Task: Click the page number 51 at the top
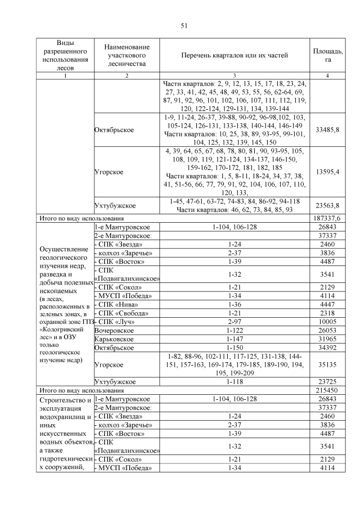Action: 183,26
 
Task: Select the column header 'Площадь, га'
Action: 327,55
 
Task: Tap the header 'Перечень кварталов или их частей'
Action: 235,55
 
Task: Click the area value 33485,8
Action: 327,129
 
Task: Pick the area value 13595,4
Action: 327,172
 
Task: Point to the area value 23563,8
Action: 327,205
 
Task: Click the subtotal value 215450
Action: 327,390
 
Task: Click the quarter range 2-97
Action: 235,322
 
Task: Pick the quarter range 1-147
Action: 235,339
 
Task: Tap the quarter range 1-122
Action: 235,331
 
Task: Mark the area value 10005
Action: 327,322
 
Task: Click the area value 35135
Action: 327,364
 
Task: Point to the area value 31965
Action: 327,339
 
